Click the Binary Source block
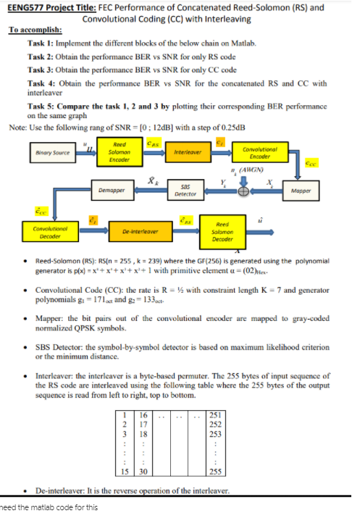[x=53, y=154]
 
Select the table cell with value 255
[x=215, y=470]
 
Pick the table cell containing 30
[x=143, y=470]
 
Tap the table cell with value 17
[x=143, y=425]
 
